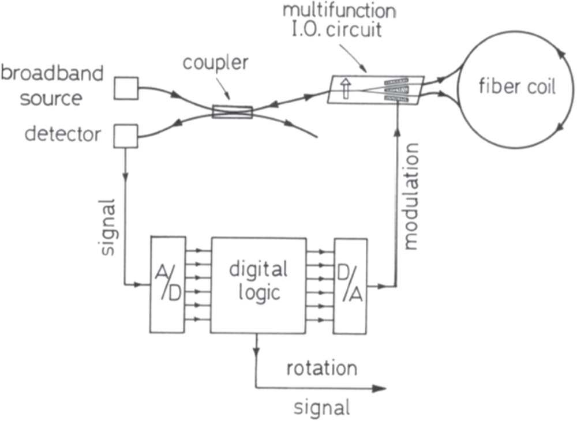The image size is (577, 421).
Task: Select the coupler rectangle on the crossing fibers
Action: coord(232,112)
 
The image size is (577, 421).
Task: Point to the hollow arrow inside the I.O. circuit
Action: coord(346,90)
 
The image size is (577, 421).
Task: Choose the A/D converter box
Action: coord(167,284)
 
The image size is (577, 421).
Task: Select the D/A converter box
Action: coord(351,284)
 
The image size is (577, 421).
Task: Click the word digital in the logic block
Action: coord(258,269)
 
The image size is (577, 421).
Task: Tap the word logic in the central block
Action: coord(258,292)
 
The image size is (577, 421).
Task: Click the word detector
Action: coord(63,135)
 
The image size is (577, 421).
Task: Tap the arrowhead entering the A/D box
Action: coord(145,284)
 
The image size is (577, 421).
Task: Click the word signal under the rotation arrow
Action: coord(321,408)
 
